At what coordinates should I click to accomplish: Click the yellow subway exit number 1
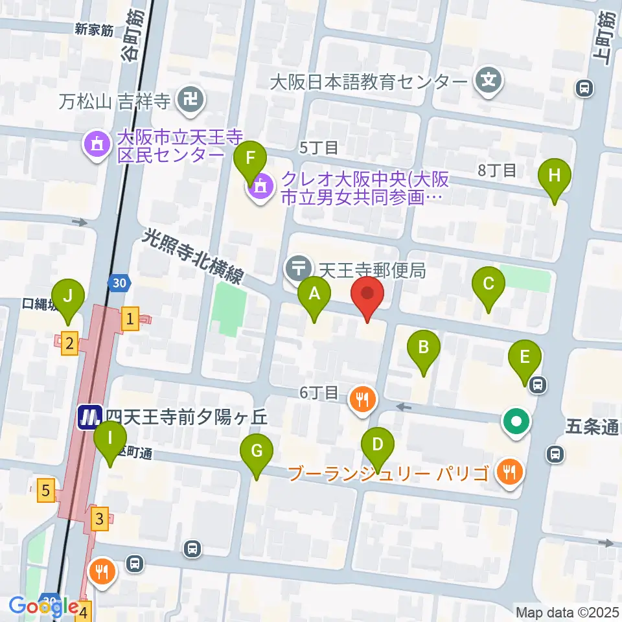(x=130, y=319)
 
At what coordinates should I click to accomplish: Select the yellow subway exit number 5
(x=45, y=490)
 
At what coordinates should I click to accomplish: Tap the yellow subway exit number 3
(x=99, y=518)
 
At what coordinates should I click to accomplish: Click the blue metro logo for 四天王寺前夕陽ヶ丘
(x=89, y=417)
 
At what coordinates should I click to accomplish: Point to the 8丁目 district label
(x=496, y=170)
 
